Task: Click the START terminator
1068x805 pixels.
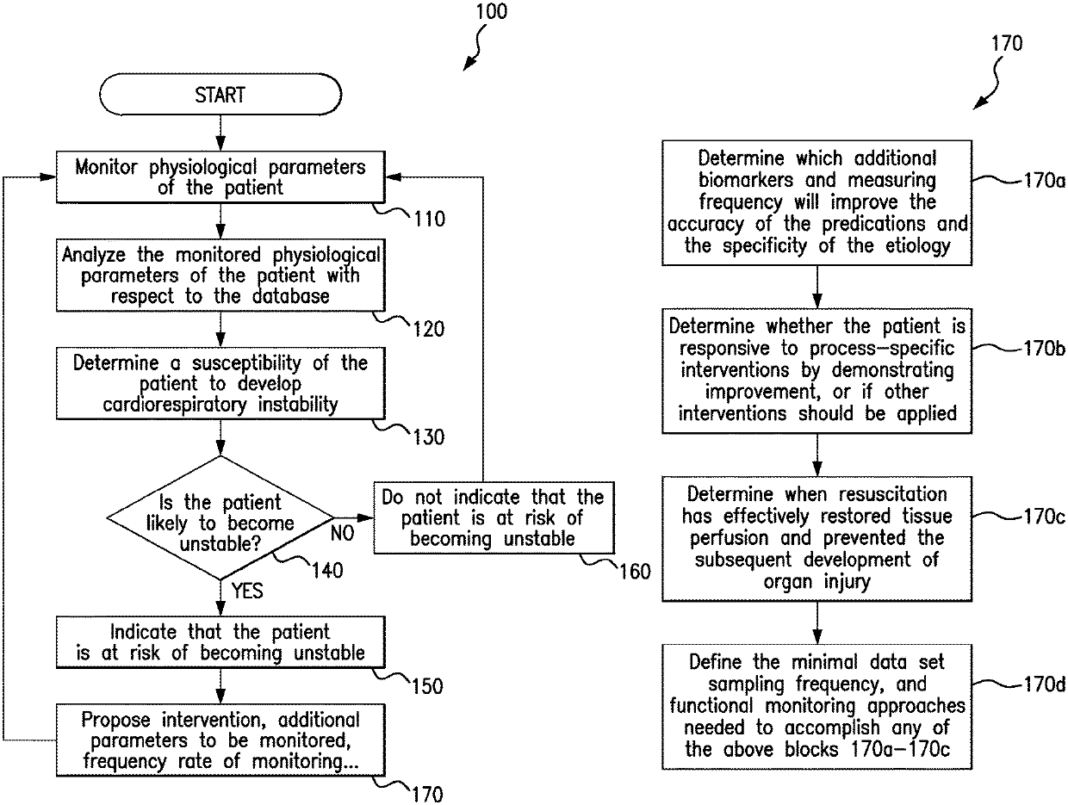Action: click(220, 95)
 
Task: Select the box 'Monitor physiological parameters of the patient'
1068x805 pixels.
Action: click(220, 177)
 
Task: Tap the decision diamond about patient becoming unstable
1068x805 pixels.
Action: click(220, 517)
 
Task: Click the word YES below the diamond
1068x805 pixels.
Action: click(247, 591)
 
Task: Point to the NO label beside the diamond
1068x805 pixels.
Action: click(343, 534)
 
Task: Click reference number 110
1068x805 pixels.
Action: click(429, 220)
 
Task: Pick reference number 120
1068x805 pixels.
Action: click(429, 329)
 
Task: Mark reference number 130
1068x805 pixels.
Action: click(429, 437)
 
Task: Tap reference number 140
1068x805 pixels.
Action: click(327, 571)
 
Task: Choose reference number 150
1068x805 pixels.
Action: click(428, 686)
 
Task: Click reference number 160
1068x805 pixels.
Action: click(635, 572)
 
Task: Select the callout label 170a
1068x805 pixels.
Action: click(1044, 181)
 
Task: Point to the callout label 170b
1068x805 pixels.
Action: click(1044, 349)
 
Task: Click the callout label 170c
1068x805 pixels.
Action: click(1044, 517)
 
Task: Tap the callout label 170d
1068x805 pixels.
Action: click(1044, 684)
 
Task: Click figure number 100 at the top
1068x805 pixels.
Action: click(492, 12)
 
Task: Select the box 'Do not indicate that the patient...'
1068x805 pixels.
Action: click(494, 517)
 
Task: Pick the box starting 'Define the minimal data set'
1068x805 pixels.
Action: click(817, 706)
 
